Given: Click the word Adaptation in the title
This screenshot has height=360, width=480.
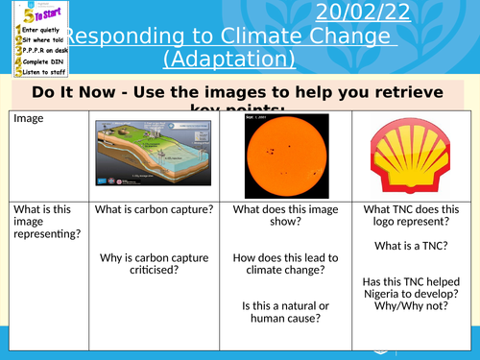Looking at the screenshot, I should pyautogui.click(x=228, y=60).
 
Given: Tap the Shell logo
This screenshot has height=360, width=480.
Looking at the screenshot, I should pyautogui.click(x=409, y=156).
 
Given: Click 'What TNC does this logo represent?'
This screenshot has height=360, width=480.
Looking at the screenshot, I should pyautogui.click(x=411, y=217).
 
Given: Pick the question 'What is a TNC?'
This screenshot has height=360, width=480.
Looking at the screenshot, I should pyautogui.click(x=411, y=247).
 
